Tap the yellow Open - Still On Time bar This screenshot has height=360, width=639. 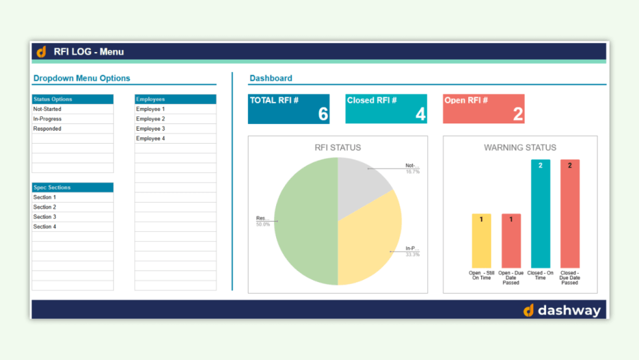[x=481, y=240]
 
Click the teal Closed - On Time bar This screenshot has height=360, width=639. [x=540, y=214]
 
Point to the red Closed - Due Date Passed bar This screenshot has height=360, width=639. [x=570, y=214]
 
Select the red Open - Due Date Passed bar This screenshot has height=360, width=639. [x=510, y=240]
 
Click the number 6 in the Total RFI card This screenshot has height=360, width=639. [x=323, y=114]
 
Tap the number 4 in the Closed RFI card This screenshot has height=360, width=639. [x=420, y=114]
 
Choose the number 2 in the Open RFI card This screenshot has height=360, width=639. [x=518, y=114]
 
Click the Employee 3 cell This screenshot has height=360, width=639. [x=151, y=129]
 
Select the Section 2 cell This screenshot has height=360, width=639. [x=45, y=207]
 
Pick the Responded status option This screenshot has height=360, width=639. [x=47, y=129]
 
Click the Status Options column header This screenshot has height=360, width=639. [x=53, y=99]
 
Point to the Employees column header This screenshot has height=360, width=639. [x=151, y=99]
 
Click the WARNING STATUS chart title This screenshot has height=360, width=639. [x=520, y=148]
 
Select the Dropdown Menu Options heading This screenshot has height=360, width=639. [x=82, y=78]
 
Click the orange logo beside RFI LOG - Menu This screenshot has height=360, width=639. [x=42, y=51]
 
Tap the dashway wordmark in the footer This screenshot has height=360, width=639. [x=569, y=311]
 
